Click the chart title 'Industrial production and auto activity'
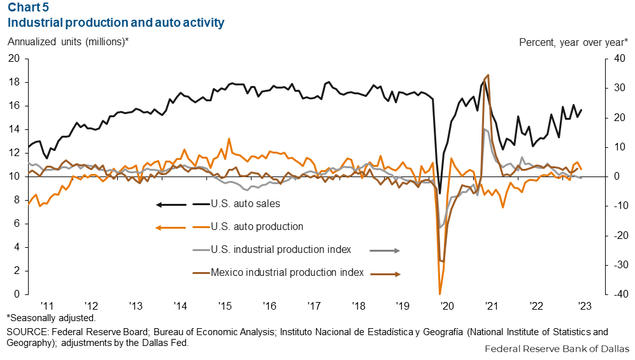tap(115, 23)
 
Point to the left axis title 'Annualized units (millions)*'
tap(68, 43)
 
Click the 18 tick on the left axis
tap(15, 82)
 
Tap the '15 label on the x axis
tap(224, 305)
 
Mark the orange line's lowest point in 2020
tap(440, 294)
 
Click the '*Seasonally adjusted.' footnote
tap(51, 317)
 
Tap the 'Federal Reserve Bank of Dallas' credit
tap(557, 349)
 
